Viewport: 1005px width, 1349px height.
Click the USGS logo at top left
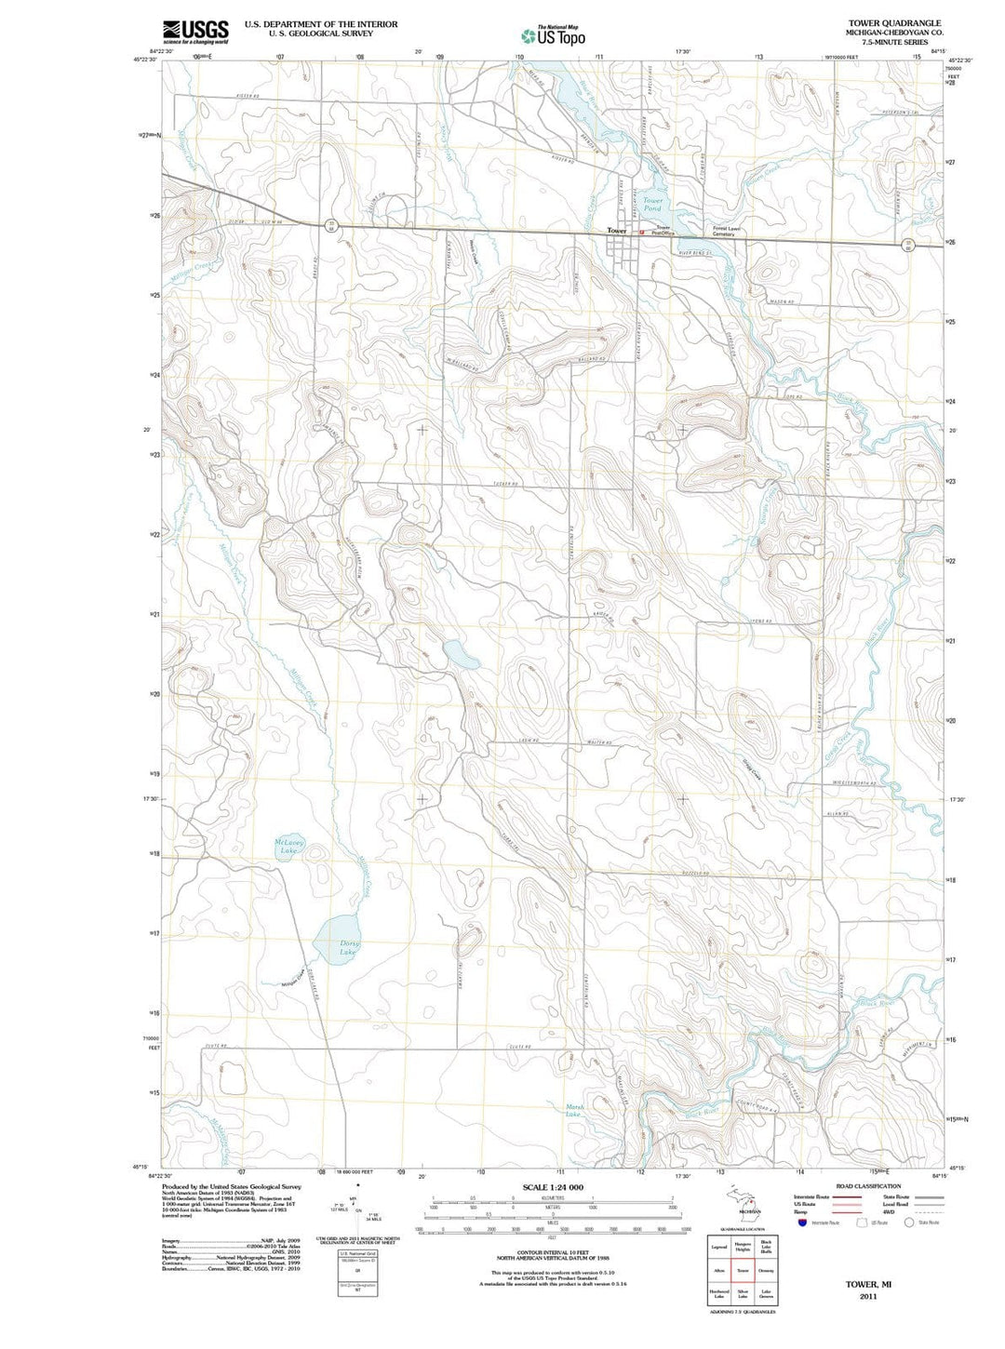(195, 33)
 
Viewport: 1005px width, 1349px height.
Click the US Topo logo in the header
(554, 35)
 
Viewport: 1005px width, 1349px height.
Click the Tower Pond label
(653, 204)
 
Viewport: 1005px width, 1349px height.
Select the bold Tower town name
(617, 230)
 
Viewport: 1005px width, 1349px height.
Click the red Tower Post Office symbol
(642, 232)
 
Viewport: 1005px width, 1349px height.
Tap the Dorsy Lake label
(347, 947)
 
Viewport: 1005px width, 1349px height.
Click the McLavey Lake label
(289, 846)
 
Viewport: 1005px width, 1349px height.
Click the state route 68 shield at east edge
(908, 245)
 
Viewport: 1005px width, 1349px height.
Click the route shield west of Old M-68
(330, 224)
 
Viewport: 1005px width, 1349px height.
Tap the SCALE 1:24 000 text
(553, 1187)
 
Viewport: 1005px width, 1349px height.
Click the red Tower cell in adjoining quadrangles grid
(743, 1270)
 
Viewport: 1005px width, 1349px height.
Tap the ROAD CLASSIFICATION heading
(868, 1186)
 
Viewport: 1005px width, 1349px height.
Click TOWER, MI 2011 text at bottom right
(868, 1289)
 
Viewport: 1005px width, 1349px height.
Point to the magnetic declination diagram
(358, 1207)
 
